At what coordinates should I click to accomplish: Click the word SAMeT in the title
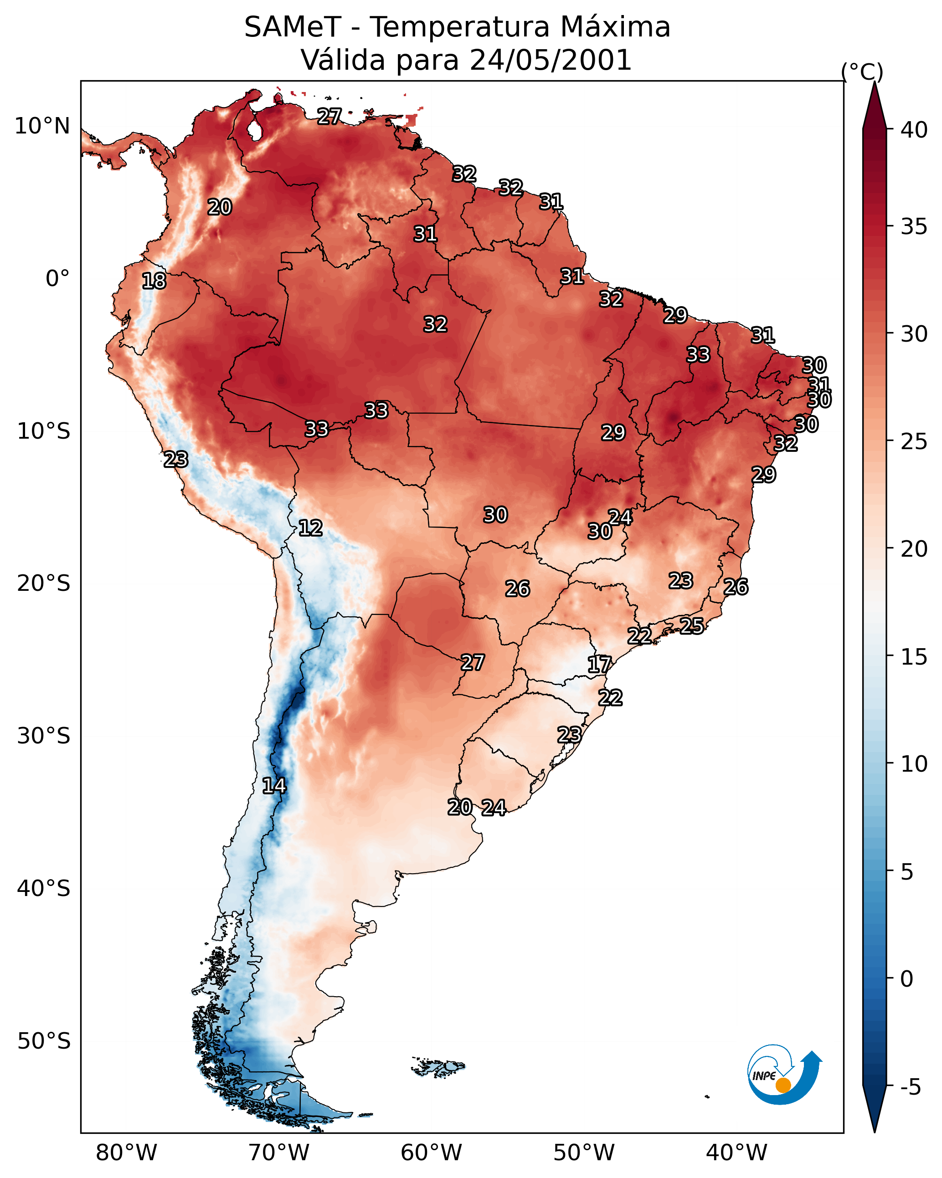click(293, 27)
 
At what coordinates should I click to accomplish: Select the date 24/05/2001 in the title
click(551, 60)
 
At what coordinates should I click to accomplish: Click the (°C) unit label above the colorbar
click(862, 72)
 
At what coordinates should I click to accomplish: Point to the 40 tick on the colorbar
click(914, 130)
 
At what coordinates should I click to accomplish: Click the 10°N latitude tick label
click(42, 126)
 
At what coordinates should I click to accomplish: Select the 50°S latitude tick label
click(44, 1041)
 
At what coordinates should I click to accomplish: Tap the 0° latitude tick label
click(58, 279)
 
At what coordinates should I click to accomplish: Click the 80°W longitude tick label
click(126, 1153)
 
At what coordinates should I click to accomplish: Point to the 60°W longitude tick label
click(432, 1153)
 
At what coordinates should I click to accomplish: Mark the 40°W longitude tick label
click(736, 1153)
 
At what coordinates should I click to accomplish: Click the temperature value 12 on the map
click(310, 528)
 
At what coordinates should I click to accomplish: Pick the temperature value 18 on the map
click(154, 282)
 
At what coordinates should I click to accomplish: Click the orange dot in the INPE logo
click(783, 1085)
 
